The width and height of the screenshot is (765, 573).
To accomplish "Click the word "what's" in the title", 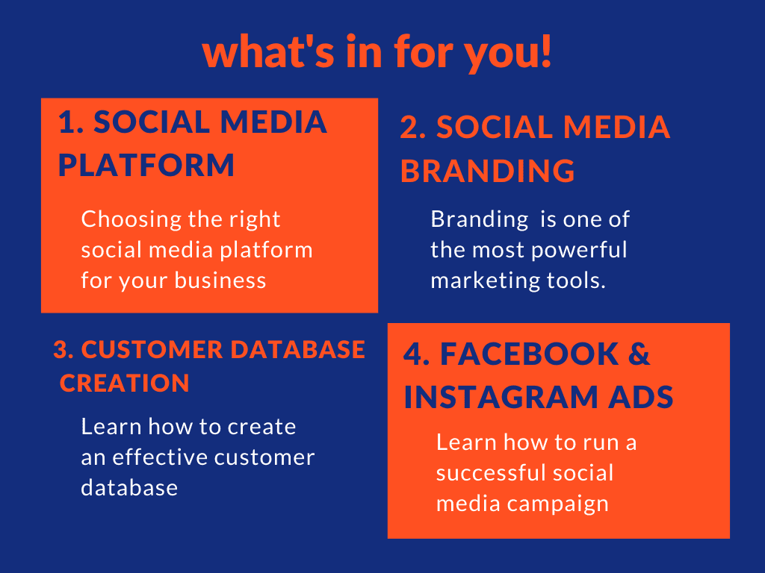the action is pos(268,51).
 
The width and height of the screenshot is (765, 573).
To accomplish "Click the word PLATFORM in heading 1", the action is pos(146,165).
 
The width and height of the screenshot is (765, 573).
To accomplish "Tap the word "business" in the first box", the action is pos(220,281).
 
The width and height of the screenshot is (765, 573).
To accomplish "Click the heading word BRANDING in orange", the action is pos(487,171).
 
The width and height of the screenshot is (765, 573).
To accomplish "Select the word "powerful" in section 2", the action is pos(579,250).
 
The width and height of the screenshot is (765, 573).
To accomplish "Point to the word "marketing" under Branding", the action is pos(485,281).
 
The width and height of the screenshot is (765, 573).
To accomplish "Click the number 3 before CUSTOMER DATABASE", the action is pos(61,350).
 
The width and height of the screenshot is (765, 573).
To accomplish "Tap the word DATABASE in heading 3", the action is pos(297,350).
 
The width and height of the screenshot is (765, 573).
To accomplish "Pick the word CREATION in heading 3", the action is pos(125,383).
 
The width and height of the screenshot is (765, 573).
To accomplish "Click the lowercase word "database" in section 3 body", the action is pos(129,488).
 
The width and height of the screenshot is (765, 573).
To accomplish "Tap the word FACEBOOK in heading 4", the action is pos(530,354).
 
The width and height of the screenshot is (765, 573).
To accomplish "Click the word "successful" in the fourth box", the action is pos(491,472).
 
